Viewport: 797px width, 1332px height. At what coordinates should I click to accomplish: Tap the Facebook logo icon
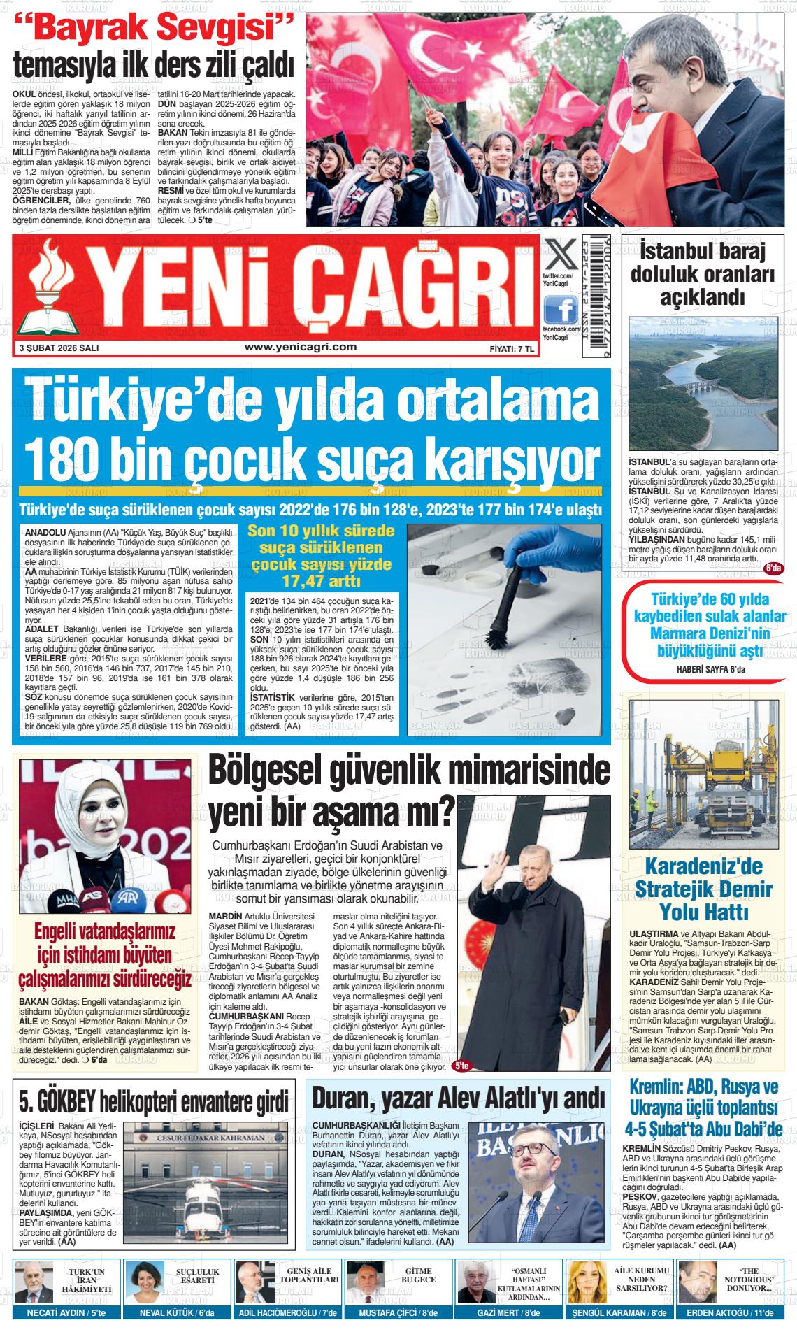point(561,308)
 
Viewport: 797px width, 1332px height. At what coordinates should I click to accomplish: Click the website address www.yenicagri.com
point(301,347)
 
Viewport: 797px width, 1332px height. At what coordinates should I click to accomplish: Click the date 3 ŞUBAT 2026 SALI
point(59,348)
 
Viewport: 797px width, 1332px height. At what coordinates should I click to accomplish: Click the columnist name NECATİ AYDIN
point(53,1313)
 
